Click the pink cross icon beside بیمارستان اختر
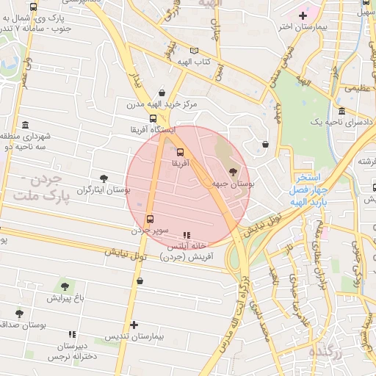tap(303, 15)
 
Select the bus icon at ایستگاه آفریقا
tap(153, 117)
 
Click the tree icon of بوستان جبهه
tap(234, 172)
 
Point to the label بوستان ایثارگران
tap(104, 189)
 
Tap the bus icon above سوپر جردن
tap(150, 219)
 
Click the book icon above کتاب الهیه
tap(194, 51)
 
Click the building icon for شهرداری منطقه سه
tap(26, 124)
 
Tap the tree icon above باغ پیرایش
tap(67, 285)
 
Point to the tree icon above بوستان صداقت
tap(19, 314)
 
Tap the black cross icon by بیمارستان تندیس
tap(134, 325)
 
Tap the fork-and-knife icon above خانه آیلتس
tap(186, 226)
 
